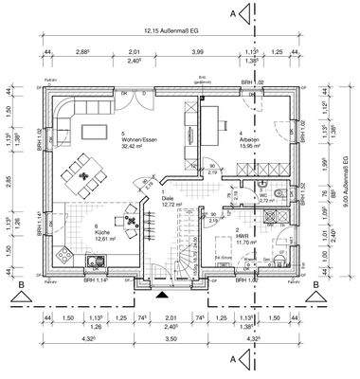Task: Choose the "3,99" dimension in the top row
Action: (x=198, y=53)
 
